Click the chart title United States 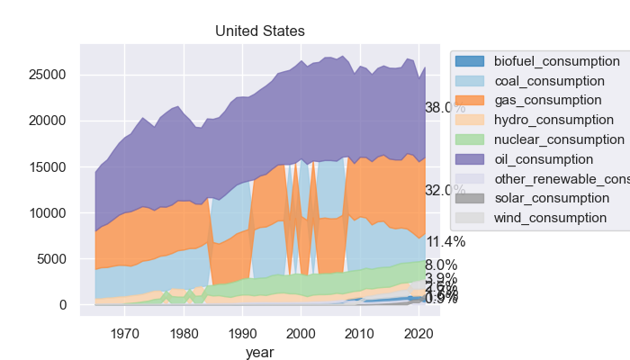click(260, 31)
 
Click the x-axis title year click(260, 353)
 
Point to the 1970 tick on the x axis click(125, 333)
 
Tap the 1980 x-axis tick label click(184, 333)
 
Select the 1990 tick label click(243, 333)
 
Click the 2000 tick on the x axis click(301, 333)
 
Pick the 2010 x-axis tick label click(360, 333)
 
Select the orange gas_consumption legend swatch click(471, 100)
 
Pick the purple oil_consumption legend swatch click(471, 159)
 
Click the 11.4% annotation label click(445, 241)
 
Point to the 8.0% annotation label click(441, 265)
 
